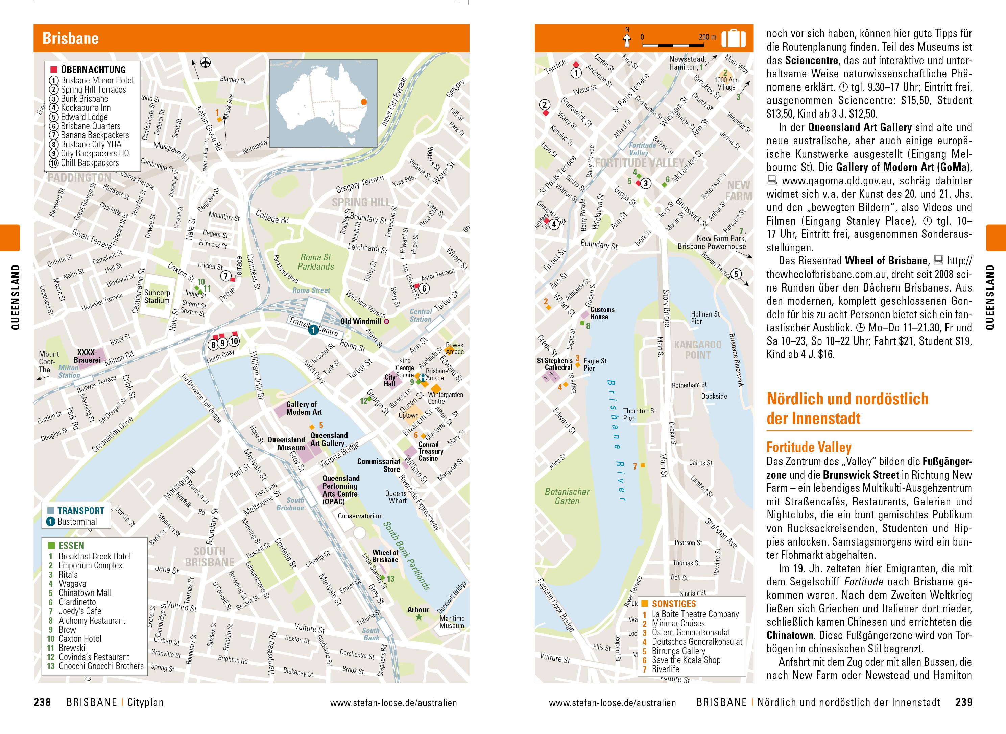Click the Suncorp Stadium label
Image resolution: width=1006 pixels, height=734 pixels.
tap(157, 296)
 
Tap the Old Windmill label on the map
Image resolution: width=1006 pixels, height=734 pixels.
tap(361, 321)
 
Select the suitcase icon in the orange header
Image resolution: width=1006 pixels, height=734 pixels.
tap(733, 39)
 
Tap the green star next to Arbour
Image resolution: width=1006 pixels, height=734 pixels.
tap(418, 617)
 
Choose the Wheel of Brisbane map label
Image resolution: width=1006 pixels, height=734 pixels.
tap(385, 556)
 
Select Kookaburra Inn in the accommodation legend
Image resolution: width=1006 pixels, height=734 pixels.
tap(85, 107)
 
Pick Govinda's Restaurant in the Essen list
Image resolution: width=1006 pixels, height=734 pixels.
tap(94, 657)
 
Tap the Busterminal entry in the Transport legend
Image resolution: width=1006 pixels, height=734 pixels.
tap(76, 521)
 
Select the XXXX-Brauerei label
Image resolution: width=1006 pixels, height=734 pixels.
tap(87, 356)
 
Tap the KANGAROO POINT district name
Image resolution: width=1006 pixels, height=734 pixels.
tap(697, 350)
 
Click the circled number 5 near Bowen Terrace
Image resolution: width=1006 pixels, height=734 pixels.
tap(736, 274)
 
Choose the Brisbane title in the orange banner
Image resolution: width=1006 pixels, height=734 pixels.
tap(70, 38)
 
